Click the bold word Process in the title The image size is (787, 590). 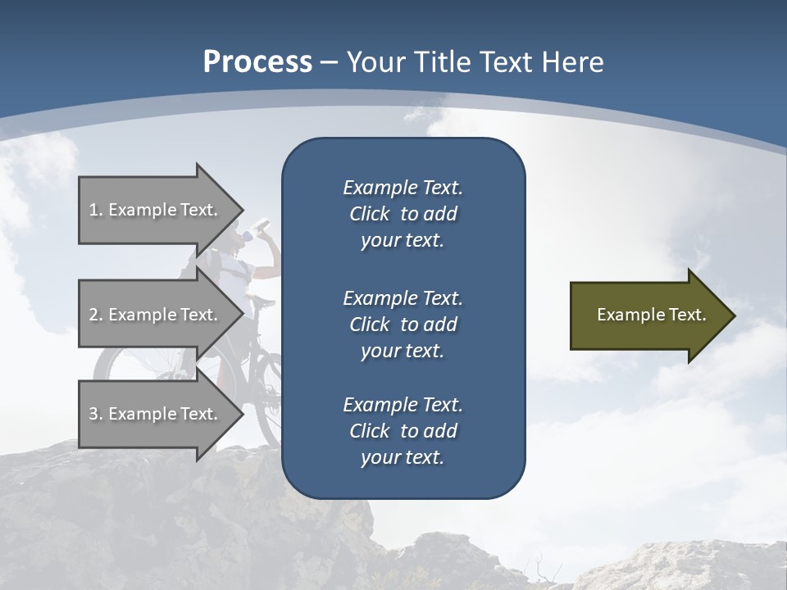257,62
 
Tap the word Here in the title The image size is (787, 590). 573,62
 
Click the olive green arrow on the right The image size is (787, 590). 648,315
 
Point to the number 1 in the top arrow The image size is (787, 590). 93,210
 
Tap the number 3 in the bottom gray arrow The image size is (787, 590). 93,414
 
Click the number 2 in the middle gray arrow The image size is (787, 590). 93,315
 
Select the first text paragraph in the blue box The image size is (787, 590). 403,214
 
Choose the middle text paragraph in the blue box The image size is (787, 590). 403,324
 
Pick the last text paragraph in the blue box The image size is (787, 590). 403,431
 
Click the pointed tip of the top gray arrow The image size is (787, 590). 241,210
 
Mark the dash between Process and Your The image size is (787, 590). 330,62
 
